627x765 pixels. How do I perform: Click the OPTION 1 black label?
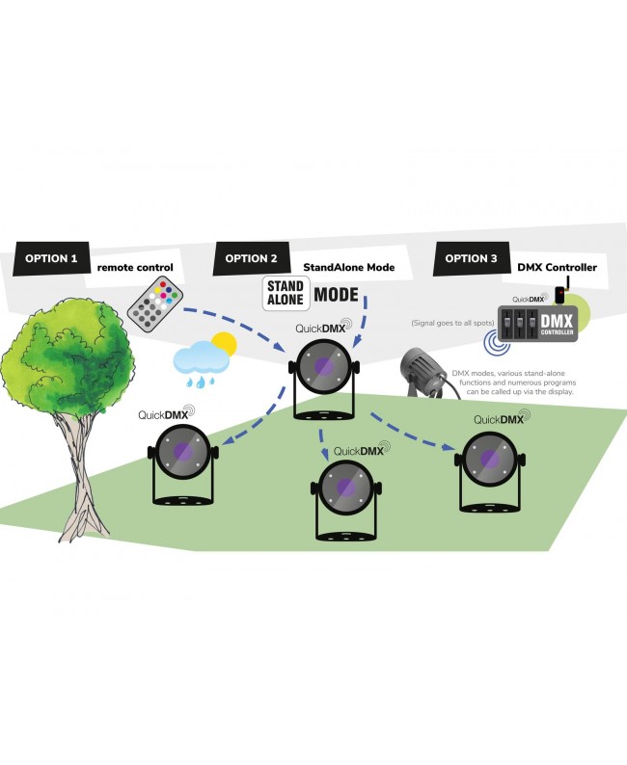click(51, 258)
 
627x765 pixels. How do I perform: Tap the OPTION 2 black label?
click(251, 258)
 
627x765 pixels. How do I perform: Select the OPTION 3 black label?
click(472, 258)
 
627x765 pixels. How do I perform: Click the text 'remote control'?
click(135, 267)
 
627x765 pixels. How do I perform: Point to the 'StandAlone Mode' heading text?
click(348, 267)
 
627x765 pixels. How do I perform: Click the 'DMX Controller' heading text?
click(558, 267)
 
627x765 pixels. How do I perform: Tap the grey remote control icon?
click(155, 303)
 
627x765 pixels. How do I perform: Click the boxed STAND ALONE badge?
click(286, 293)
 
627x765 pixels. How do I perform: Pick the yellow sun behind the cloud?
click(224, 345)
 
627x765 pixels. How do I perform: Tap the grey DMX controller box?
click(537, 324)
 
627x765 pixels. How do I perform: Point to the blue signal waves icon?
click(497, 342)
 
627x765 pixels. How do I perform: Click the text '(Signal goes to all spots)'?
click(452, 323)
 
